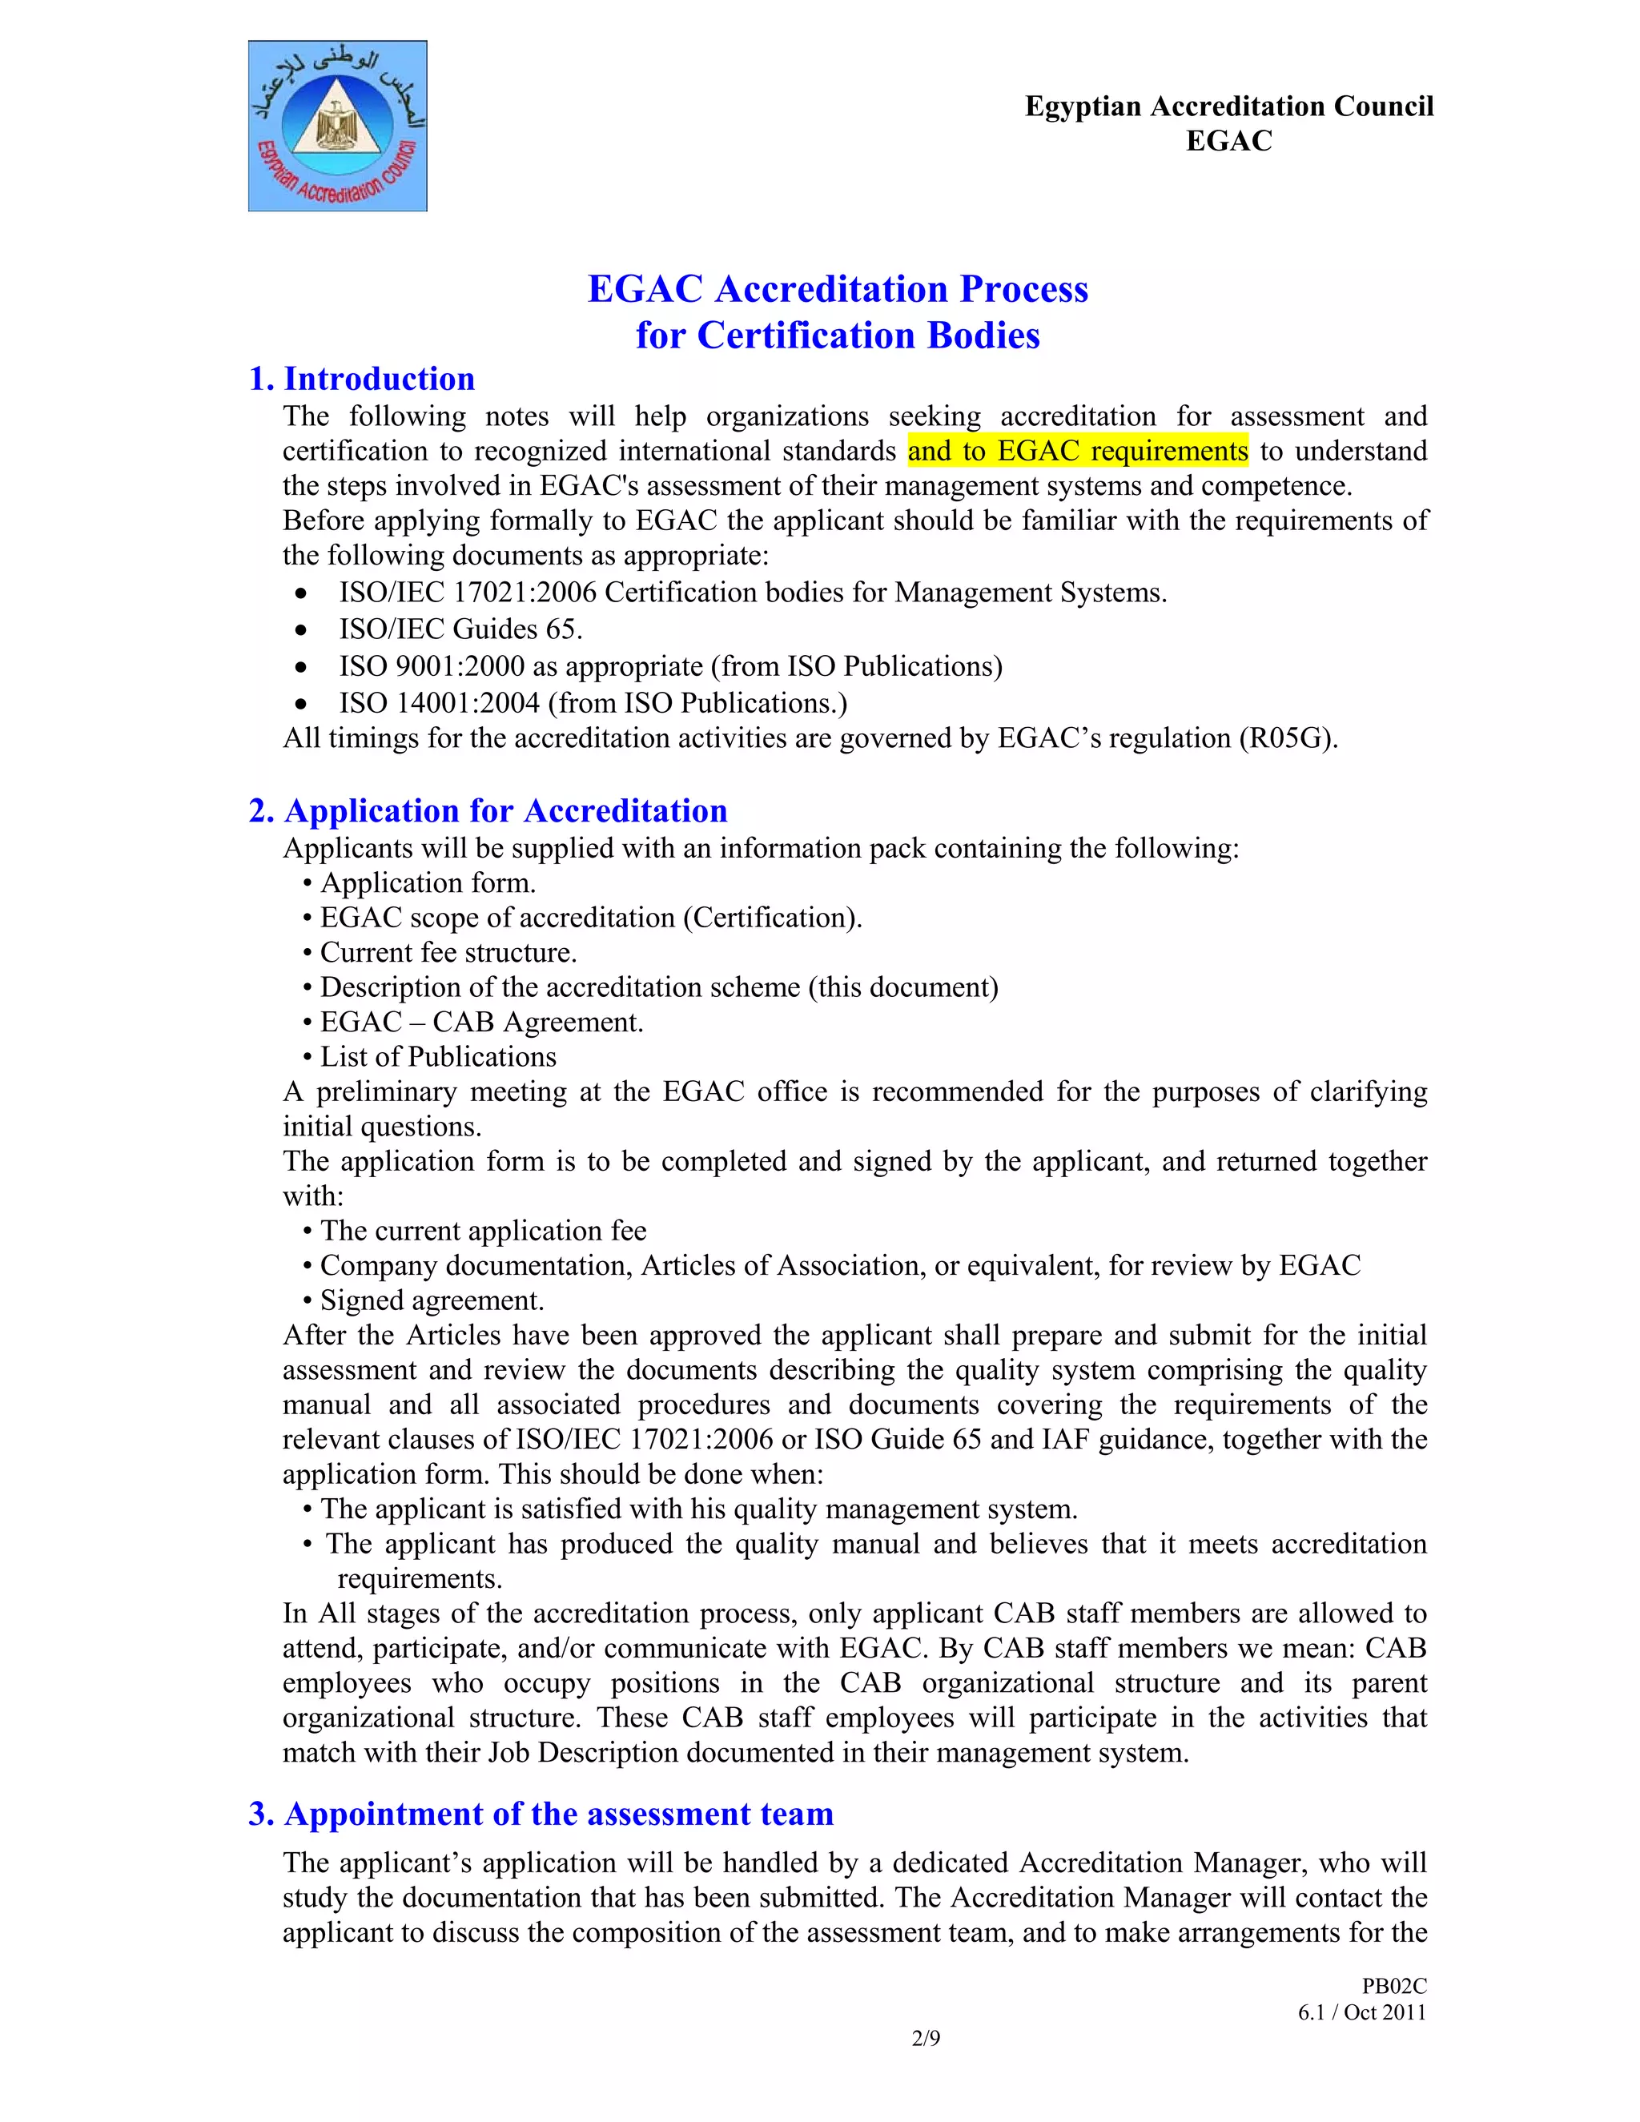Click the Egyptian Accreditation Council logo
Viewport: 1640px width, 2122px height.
point(337,127)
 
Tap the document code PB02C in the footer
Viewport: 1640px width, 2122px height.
point(1393,1987)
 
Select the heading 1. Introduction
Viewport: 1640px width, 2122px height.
point(361,379)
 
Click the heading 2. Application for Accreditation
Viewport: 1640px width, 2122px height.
point(488,810)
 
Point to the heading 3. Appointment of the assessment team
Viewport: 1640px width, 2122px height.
point(541,1813)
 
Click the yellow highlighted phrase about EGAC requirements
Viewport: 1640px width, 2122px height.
point(1078,451)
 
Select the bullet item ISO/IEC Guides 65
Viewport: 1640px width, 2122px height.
point(460,629)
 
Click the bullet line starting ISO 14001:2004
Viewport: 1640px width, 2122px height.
point(593,702)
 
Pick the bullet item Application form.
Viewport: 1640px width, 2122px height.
point(428,882)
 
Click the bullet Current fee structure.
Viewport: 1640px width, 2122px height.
point(448,952)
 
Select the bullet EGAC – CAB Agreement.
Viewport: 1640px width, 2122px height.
point(481,1022)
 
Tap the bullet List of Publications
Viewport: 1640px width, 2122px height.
point(437,1056)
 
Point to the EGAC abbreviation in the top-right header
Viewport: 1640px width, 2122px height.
point(1228,141)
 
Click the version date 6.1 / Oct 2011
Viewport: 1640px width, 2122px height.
point(1361,2012)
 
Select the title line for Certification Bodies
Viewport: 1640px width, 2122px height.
point(838,336)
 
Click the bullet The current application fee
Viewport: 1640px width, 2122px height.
point(483,1231)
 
